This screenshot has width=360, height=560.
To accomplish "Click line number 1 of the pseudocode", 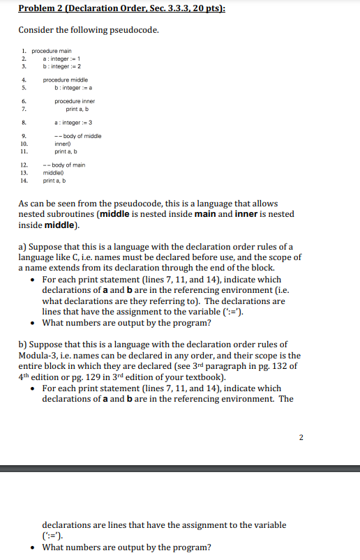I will pos(24,51).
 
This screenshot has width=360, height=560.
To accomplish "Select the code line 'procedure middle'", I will pos(64,80).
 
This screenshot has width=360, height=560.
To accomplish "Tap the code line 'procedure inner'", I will pos(75,102).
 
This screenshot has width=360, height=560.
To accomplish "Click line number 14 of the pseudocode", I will pos(24,181).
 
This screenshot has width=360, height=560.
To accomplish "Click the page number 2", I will pos(301,437).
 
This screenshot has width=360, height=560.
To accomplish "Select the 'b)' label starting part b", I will pos(23,345).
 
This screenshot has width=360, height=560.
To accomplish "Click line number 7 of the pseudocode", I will pos(24,109).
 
